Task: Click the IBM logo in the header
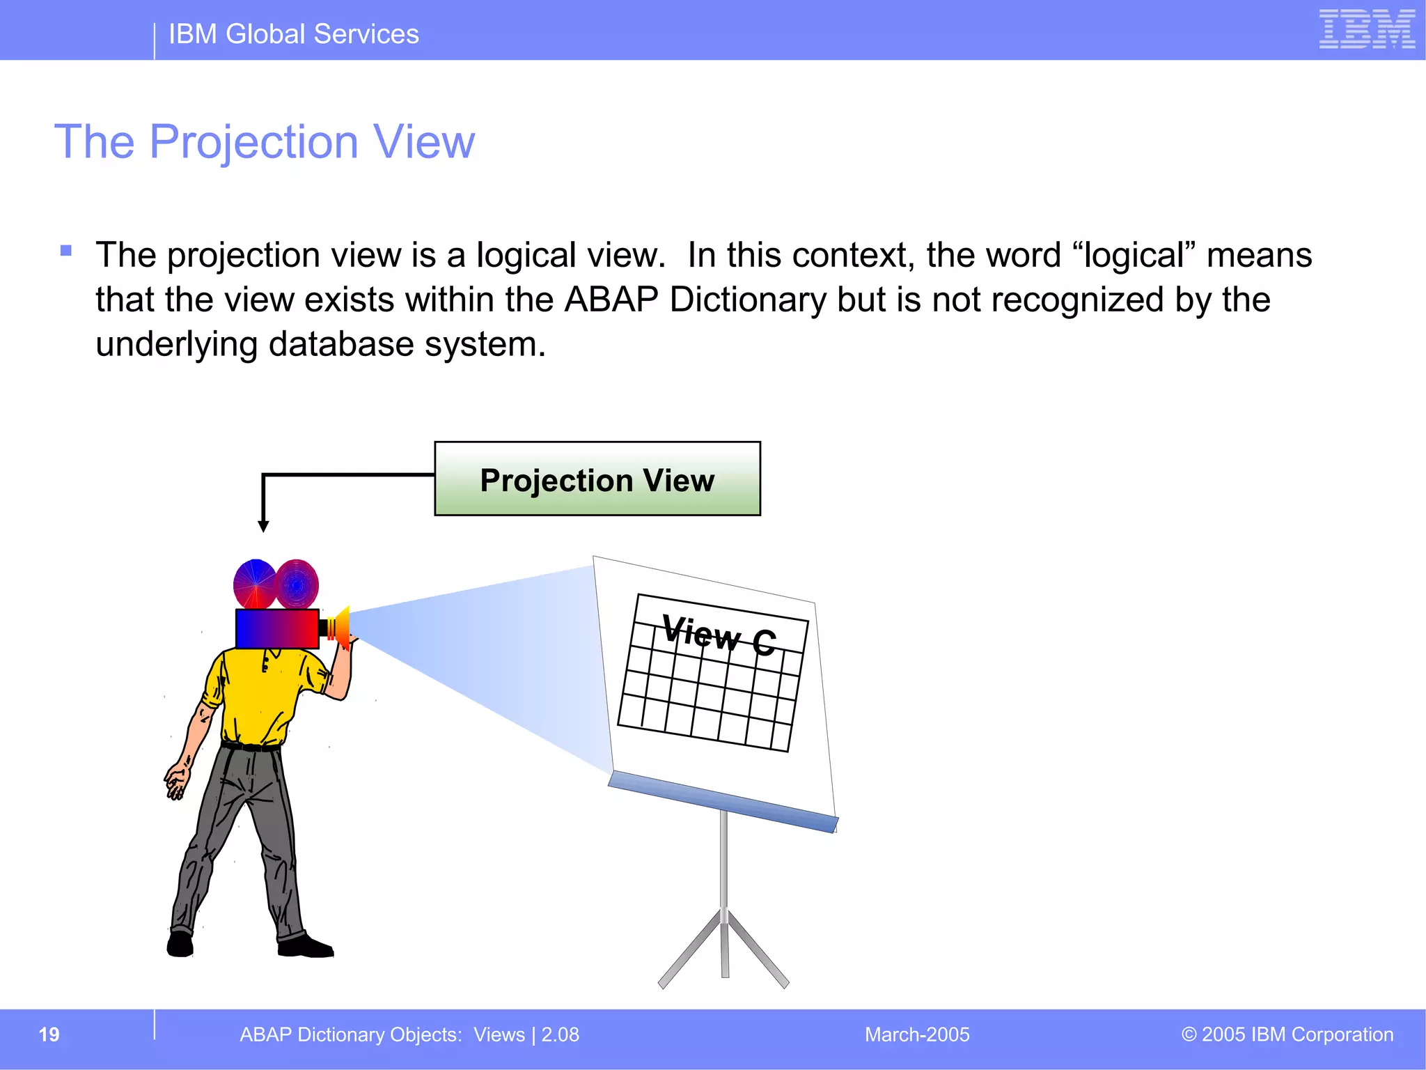tap(1366, 29)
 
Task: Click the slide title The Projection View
tap(265, 142)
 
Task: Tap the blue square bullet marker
tap(66, 251)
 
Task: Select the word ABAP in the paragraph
tap(611, 300)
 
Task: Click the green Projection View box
tap(597, 479)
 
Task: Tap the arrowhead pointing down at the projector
tap(263, 526)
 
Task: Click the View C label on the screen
tap(718, 635)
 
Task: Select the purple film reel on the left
tap(254, 584)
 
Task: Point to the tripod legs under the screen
tap(724, 947)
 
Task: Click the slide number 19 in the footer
tap(49, 1034)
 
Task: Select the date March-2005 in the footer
tap(916, 1034)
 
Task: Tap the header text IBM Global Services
tap(293, 34)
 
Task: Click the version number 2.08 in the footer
tap(561, 1034)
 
